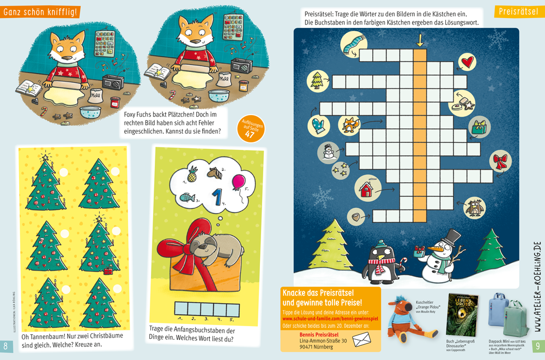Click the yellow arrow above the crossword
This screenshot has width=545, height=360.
pyautogui.click(x=420, y=40)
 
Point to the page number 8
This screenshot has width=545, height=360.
pyautogui.click(x=6, y=346)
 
